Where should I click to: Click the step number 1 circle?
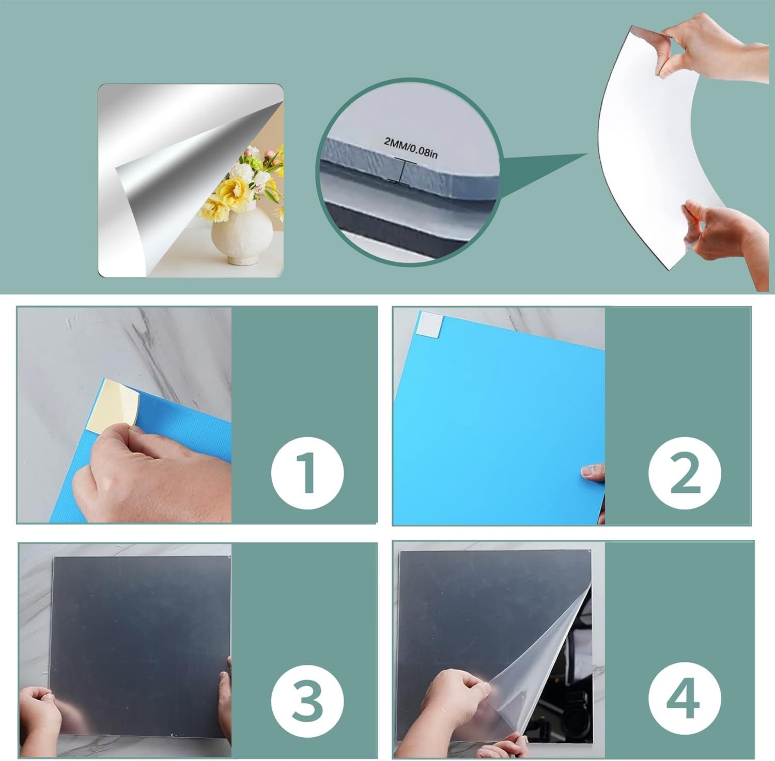pyautogui.click(x=308, y=472)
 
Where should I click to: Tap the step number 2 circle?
pyautogui.click(x=685, y=472)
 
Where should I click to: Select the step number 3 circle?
pyautogui.click(x=308, y=702)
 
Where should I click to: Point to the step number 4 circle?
pyautogui.click(x=685, y=702)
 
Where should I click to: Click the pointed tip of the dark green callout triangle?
pyautogui.click(x=587, y=153)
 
